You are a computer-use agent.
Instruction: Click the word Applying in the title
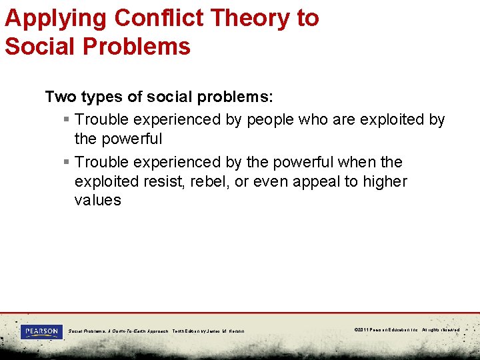(x=55, y=18)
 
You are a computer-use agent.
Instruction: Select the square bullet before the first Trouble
(x=65, y=120)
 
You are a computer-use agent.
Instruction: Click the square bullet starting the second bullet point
(x=65, y=163)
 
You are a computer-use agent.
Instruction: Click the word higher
(x=385, y=181)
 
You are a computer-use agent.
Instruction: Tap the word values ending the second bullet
(x=98, y=201)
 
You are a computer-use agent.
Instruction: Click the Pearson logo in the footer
(x=41, y=331)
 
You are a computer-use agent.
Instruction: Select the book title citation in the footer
(x=157, y=331)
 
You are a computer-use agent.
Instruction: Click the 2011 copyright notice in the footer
(x=407, y=330)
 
